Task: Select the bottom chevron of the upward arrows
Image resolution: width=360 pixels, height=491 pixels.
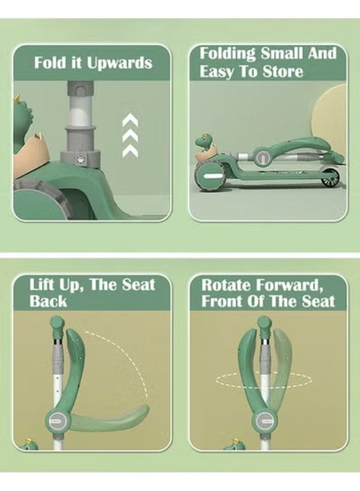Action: point(130,151)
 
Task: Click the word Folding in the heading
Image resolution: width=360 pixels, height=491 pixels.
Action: point(227,53)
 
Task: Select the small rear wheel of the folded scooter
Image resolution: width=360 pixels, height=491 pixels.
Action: point(329,178)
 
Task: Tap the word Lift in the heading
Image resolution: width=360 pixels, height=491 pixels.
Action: point(41,284)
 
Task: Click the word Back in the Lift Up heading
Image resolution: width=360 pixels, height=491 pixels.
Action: point(48,301)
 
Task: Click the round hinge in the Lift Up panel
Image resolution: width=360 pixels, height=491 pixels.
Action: point(57,420)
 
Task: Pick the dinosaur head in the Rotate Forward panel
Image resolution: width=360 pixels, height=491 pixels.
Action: point(234,445)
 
